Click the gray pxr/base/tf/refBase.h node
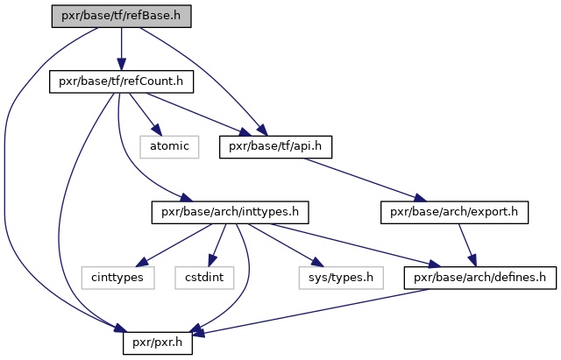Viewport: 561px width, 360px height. (121, 16)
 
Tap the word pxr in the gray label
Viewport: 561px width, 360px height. (69, 16)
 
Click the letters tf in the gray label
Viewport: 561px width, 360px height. (117, 16)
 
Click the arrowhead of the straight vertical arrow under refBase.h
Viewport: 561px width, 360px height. (121, 65)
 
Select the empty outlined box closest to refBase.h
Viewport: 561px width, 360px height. (169, 147)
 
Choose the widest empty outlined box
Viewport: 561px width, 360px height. (340, 278)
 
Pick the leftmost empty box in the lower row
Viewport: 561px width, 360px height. (117, 278)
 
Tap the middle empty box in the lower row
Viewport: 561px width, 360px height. (204, 278)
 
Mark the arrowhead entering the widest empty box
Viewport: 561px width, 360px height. (317, 263)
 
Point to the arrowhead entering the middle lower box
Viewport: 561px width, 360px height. (212, 260)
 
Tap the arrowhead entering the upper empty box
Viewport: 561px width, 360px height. (158, 131)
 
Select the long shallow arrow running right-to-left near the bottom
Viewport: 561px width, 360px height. (316, 311)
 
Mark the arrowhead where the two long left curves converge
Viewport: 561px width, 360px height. (120, 329)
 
